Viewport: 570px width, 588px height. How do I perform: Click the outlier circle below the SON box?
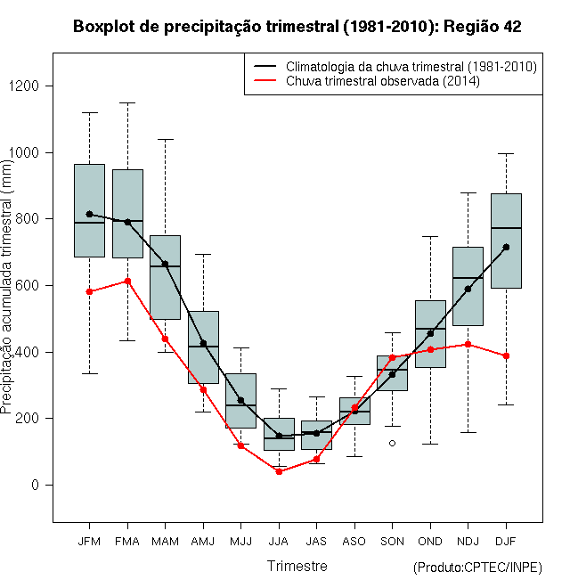(392, 444)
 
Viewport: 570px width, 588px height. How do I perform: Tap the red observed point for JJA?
(279, 472)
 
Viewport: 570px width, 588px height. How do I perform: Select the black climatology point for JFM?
(89, 214)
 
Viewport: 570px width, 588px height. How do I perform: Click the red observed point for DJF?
(506, 355)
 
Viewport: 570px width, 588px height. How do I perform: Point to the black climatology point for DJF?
(506, 247)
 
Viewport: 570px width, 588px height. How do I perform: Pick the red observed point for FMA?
(127, 281)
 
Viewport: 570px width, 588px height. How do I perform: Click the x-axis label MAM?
(165, 542)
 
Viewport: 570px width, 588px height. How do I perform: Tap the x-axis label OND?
(430, 542)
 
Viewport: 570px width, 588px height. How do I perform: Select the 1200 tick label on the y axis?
(24, 86)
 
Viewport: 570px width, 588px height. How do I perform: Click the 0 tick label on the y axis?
(36, 485)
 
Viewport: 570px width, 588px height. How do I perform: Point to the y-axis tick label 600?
(28, 285)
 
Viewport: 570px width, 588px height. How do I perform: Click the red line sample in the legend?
(265, 80)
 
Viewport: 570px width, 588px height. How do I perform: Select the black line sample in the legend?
(265, 66)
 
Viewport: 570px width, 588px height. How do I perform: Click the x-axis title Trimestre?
(297, 566)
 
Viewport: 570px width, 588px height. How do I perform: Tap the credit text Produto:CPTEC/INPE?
(477, 568)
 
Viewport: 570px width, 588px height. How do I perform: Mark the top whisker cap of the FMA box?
(127, 102)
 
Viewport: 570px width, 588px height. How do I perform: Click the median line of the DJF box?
(506, 228)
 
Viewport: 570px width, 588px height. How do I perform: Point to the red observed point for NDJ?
(468, 344)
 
